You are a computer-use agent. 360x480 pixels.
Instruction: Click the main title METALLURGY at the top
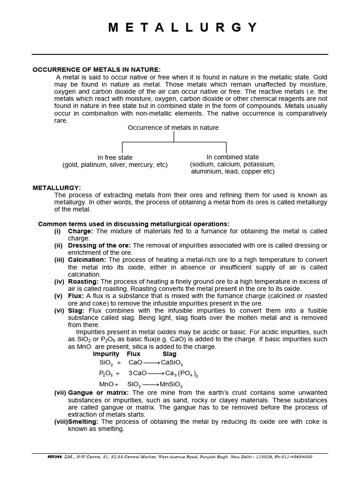pyautogui.click(x=183, y=28)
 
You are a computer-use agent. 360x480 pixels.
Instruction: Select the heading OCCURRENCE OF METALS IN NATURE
pyautogui.click(x=97, y=69)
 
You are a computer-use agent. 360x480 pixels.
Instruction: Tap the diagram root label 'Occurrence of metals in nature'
pyautogui.click(x=173, y=127)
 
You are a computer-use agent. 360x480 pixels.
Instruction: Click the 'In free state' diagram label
pyautogui.click(x=115, y=157)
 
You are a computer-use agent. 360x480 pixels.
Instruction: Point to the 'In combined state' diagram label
pyautogui.click(x=232, y=157)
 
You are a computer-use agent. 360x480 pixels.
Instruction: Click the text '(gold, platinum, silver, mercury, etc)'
pyautogui.click(x=115, y=165)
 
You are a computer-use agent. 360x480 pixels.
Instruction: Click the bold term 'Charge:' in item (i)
pyautogui.click(x=81, y=231)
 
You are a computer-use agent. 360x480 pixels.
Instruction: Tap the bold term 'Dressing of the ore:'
pyautogui.click(x=100, y=245)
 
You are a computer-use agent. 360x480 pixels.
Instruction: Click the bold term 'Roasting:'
pyautogui.click(x=83, y=281)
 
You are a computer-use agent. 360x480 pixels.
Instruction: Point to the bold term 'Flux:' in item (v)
pyautogui.click(x=76, y=296)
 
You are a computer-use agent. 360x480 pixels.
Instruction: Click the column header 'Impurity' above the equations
pyautogui.click(x=106, y=353)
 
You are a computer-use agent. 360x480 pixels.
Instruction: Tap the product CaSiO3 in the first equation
pyautogui.click(x=172, y=363)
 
